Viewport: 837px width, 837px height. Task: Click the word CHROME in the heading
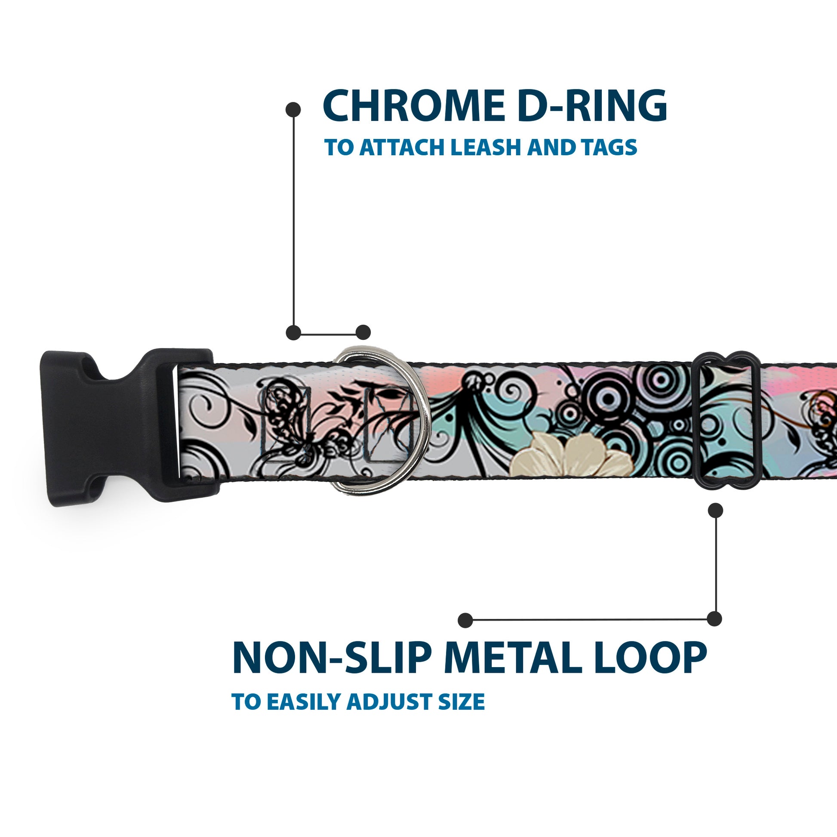tap(414, 106)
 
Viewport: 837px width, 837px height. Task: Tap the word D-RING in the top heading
tap(592, 106)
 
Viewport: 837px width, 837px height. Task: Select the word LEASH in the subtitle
tap(486, 147)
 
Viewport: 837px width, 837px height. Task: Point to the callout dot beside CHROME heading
tap(293, 110)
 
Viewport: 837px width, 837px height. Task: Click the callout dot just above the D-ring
tap(363, 332)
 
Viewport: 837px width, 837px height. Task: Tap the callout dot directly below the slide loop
tap(715, 511)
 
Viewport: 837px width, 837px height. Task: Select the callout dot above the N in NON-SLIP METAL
tap(465, 620)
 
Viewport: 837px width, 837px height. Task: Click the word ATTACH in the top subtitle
tap(401, 147)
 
